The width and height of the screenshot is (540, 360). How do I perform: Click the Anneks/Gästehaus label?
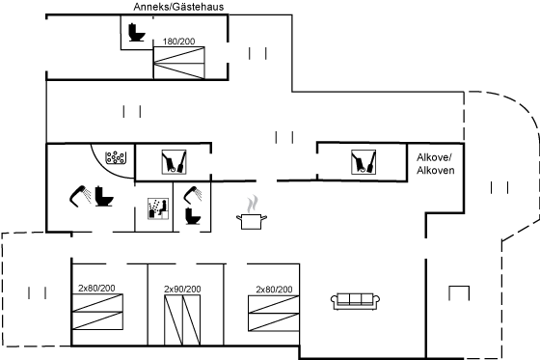coord(178,7)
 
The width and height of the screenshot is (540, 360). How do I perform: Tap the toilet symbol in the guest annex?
coord(136,33)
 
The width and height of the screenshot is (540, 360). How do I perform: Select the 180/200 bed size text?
coord(178,42)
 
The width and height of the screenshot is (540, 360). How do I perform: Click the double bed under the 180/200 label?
coord(179,63)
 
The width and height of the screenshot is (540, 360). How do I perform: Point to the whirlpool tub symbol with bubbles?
coord(115,158)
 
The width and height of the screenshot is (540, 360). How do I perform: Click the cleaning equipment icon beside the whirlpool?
coord(174,162)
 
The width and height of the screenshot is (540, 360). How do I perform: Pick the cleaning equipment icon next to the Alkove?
coord(364,162)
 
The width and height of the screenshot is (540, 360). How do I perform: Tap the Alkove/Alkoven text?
coord(435,164)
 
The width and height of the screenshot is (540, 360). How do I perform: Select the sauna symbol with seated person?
coord(158,208)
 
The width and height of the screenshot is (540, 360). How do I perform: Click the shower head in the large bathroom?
coord(80,196)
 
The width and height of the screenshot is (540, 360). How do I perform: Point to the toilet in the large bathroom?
coord(104,196)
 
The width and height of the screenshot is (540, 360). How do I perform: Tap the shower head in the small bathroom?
coord(193,194)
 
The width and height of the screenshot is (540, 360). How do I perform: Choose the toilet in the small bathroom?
coord(193,216)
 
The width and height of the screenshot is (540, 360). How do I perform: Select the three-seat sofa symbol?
coord(355,301)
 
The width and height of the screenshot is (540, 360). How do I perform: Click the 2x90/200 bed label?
coord(182,289)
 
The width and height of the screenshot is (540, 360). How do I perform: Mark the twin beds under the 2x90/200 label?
coord(182,319)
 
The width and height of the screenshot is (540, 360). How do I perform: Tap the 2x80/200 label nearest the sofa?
coord(274,290)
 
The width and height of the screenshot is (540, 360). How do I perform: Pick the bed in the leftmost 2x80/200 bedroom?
coord(97,312)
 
